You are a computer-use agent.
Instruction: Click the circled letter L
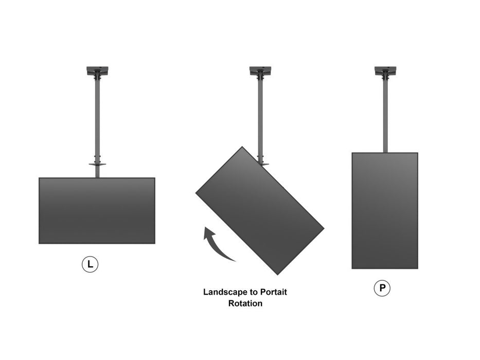(90, 265)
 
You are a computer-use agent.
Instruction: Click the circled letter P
(382, 288)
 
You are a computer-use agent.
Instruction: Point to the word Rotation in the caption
(245, 303)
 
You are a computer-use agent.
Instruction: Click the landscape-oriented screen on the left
(97, 210)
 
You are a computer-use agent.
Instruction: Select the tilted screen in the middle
(260, 210)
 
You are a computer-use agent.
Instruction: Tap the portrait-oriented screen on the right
(384, 210)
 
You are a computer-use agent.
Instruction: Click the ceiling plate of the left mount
(97, 70)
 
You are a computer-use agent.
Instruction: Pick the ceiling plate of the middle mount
(260, 70)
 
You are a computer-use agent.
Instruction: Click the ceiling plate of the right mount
(385, 70)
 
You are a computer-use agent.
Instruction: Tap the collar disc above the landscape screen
(97, 165)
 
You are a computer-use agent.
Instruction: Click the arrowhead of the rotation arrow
(208, 232)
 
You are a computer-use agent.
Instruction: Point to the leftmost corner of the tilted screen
(197, 193)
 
